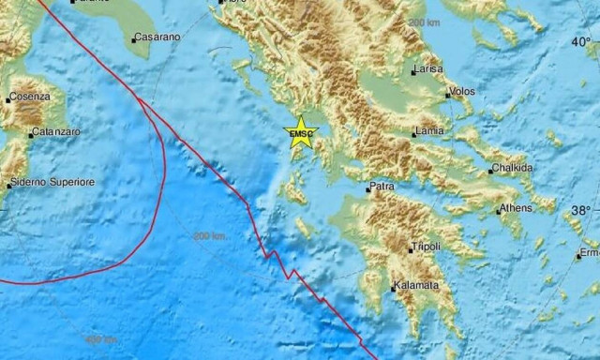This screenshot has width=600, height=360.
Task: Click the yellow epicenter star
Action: pyautogui.click(x=301, y=132)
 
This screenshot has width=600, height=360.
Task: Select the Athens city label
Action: pyautogui.click(x=517, y=207)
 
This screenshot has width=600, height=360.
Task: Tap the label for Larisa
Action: pyautogui.click(x=427, y=69)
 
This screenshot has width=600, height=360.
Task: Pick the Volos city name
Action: pyautogui.click(x=463, y=92)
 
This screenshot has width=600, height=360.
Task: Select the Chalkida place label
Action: pyautogui.click(x=512, y=169)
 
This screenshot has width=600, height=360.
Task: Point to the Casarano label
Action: pyautogui.click(x=155, y=37)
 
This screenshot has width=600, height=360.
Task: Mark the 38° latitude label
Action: pyautogui.click(x=581, y=211)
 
